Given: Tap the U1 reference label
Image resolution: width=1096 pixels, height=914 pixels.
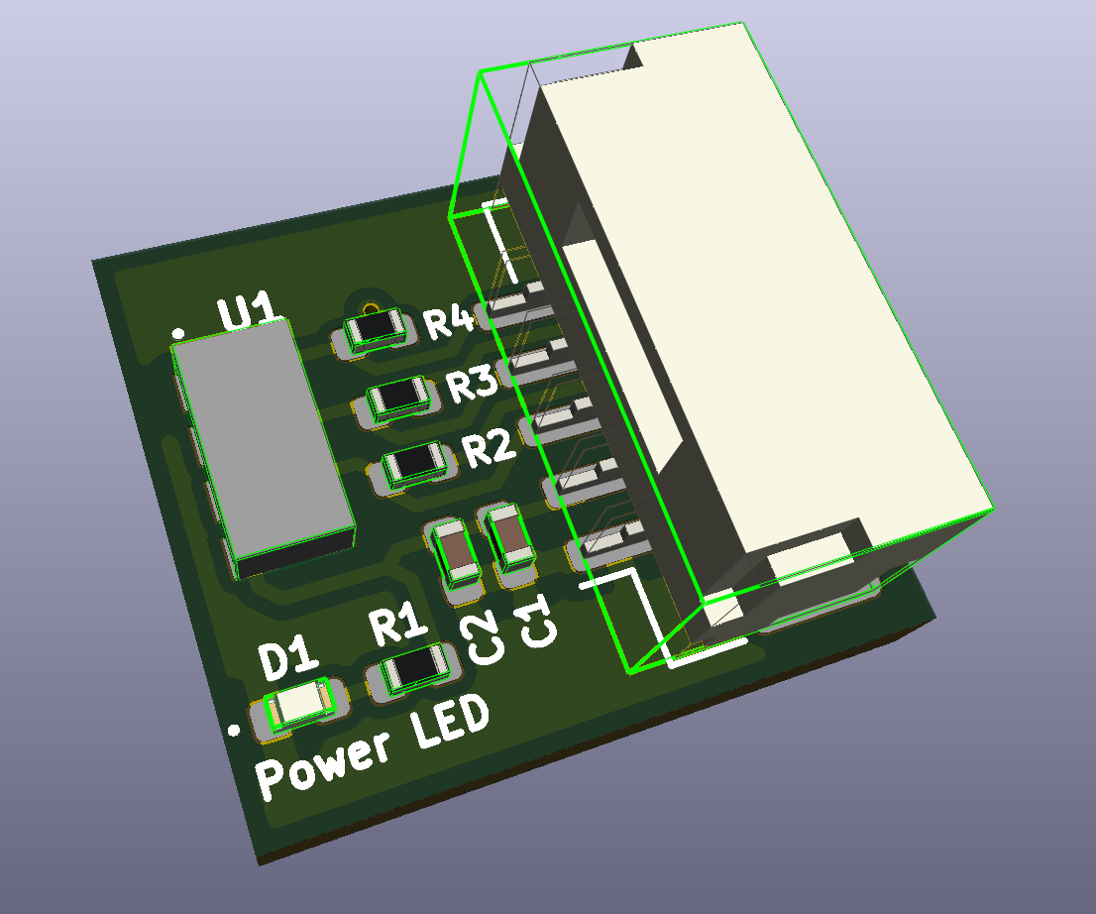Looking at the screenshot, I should [247, 312].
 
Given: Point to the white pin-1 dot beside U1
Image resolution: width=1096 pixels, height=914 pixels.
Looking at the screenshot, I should [178, 332].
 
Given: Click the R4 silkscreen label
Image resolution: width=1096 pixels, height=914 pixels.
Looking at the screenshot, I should [448, 321].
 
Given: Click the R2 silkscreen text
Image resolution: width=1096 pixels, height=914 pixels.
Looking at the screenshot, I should [490, 449].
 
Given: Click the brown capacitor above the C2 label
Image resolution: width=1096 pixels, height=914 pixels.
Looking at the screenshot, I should [455, 552].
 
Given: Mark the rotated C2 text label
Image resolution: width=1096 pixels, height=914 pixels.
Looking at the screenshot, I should [485, 637].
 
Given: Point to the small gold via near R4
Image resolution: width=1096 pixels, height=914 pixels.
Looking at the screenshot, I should [371, 307].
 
